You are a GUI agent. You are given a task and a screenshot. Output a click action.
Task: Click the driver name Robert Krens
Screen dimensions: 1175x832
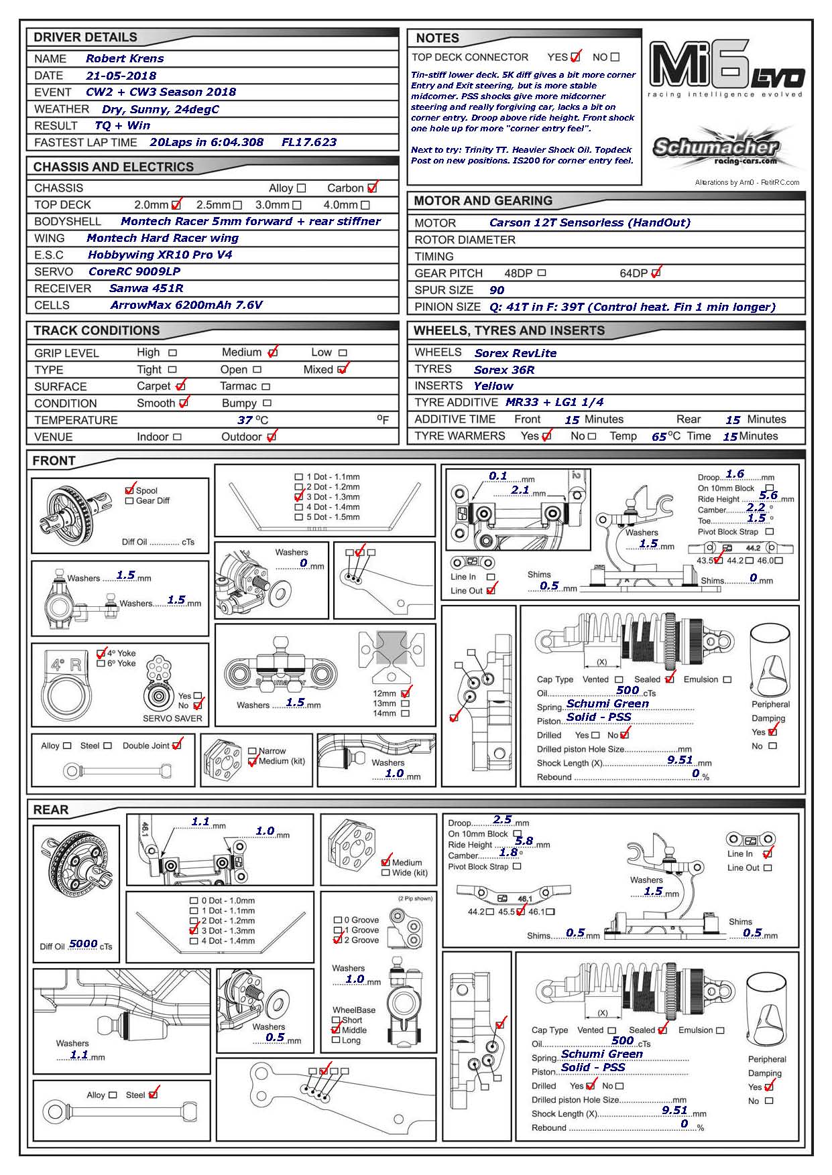click(125, 58)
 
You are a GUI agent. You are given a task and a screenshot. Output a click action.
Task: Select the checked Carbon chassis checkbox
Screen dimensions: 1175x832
click(372, 188)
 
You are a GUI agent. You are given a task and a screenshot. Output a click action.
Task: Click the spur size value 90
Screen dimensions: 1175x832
click(497, 290)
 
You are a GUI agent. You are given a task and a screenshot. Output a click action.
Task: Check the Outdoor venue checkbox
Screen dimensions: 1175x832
click(271, 437)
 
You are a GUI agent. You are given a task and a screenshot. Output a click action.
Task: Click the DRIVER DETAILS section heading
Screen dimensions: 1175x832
click(85, 38)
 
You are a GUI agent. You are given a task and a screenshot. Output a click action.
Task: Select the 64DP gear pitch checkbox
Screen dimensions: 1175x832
click(656, 273)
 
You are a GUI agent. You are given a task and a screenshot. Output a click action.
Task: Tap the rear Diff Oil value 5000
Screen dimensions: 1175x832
click(83, 944)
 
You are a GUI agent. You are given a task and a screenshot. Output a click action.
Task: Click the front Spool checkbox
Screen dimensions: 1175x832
click(129, 490)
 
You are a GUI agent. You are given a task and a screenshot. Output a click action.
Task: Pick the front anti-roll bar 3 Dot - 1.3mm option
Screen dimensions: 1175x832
click(299, 497)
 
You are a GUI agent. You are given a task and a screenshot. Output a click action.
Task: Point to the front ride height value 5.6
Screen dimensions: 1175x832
click(768, 496)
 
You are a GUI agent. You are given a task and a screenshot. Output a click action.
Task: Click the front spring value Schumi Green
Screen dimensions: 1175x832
click(607, 703)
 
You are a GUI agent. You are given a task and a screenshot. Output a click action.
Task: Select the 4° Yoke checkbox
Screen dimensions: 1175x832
click(101, 653)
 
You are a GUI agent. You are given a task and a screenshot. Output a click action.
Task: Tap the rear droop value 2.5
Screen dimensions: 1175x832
click(502, 820)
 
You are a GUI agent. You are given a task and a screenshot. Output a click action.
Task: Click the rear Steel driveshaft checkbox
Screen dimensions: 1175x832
click(153, 1095)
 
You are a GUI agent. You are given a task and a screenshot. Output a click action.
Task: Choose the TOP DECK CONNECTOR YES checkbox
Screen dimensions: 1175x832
click(575, 57)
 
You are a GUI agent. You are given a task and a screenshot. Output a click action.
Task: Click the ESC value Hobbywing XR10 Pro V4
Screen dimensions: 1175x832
click(160, 255)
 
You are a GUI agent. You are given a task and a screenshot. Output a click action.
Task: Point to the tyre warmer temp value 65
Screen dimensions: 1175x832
click(659, 437)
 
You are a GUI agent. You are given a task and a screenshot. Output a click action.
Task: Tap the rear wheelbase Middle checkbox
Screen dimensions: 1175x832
click(336, 1030)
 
